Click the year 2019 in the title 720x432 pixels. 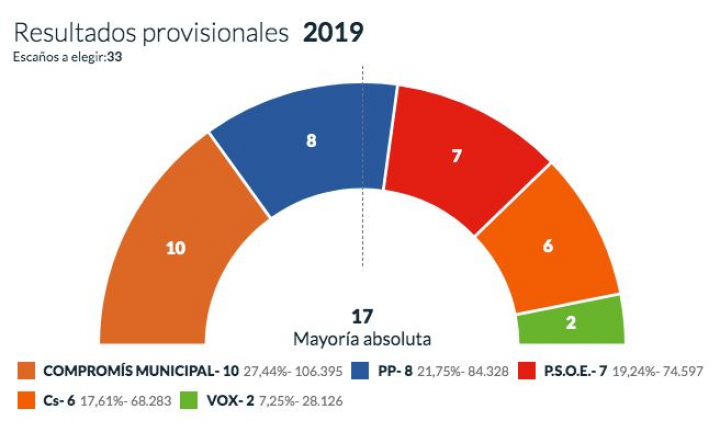tap(333, 32)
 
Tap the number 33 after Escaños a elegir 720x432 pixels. tap(116, 56)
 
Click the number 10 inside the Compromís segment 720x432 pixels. tap(176, 248)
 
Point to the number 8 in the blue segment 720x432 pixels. tap(311, 141)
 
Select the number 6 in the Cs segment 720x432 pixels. tap(548, 245)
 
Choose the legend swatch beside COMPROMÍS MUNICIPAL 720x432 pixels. tap(27, 370)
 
